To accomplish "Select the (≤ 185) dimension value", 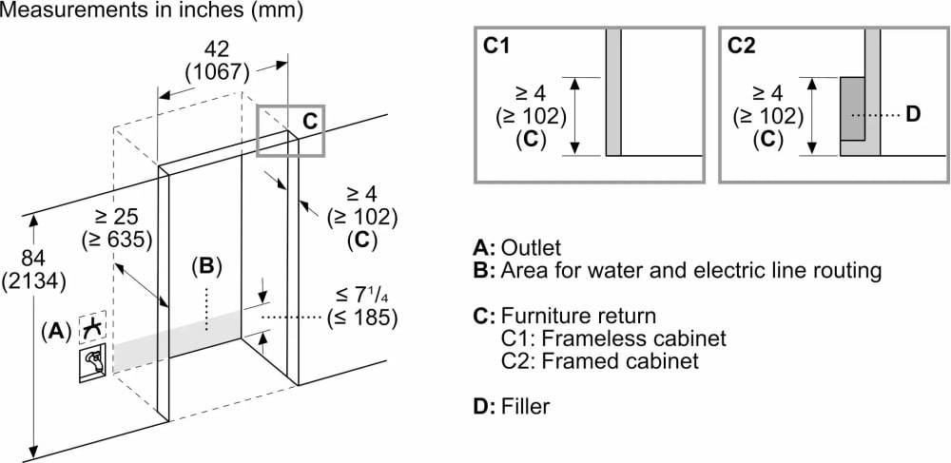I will [x=361, y=317].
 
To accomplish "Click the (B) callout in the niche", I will [x=206, y=267].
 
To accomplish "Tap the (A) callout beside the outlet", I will [x=56, y=331].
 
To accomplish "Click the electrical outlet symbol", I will [x=92, y=328].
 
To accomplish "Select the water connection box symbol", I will [x=92, y=362].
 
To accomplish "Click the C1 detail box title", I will [x=496, y=46].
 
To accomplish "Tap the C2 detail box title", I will [x=742, y=46].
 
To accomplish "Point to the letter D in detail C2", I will [x=913, y=115].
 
